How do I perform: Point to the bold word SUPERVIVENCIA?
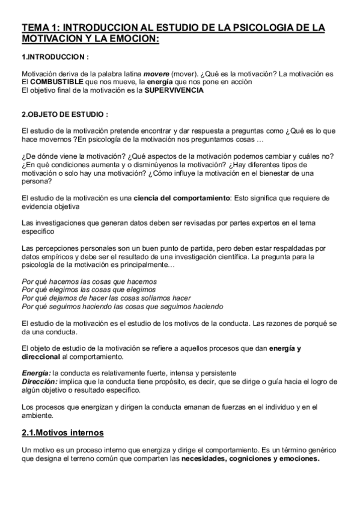point(174,90)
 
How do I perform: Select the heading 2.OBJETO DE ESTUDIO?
point(65,115)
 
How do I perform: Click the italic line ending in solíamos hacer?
point(106,298)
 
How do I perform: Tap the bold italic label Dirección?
point(39,381)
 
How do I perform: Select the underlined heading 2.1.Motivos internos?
point(63,432)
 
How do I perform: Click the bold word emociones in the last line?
point(297,458)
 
